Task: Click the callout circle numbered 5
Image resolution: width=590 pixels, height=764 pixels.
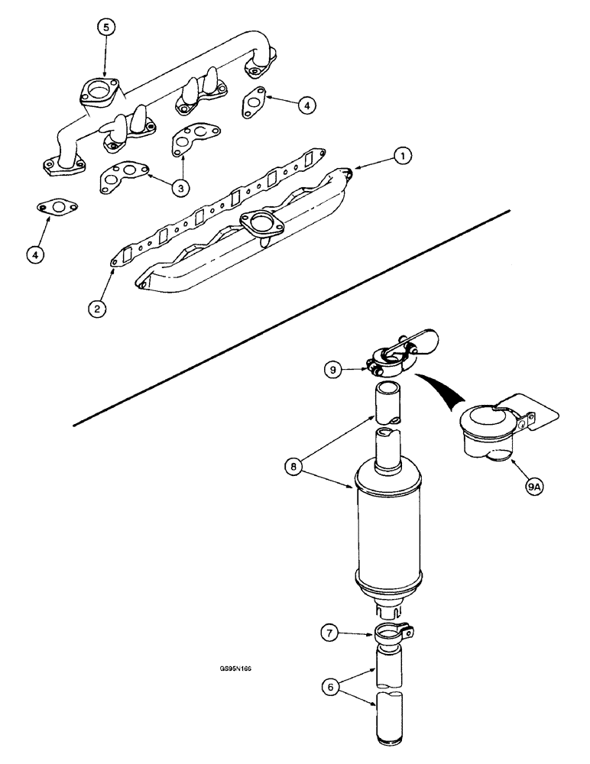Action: click(x=106, y=28)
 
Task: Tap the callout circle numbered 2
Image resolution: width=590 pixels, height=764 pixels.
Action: click(x=97, y=308)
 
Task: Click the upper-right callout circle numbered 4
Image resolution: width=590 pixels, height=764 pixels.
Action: click(x=304, y=106)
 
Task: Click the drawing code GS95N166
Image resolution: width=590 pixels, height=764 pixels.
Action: click(x=235, y=667)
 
